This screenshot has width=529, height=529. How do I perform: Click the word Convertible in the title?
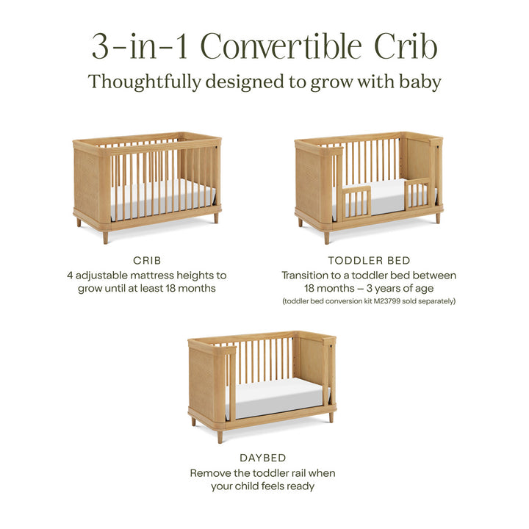281,46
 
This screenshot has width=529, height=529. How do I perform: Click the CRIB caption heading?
148,260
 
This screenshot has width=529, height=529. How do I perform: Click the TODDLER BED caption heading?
369,260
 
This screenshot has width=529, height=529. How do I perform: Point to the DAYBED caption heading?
262,458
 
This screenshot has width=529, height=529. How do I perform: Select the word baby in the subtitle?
420,82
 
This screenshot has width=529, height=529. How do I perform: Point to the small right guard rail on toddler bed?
417,194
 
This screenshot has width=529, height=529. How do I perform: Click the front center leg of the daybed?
219,436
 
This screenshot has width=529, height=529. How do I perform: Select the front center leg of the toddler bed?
326,237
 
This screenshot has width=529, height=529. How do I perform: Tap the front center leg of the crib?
106,237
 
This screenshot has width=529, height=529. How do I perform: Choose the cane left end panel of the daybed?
201,382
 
